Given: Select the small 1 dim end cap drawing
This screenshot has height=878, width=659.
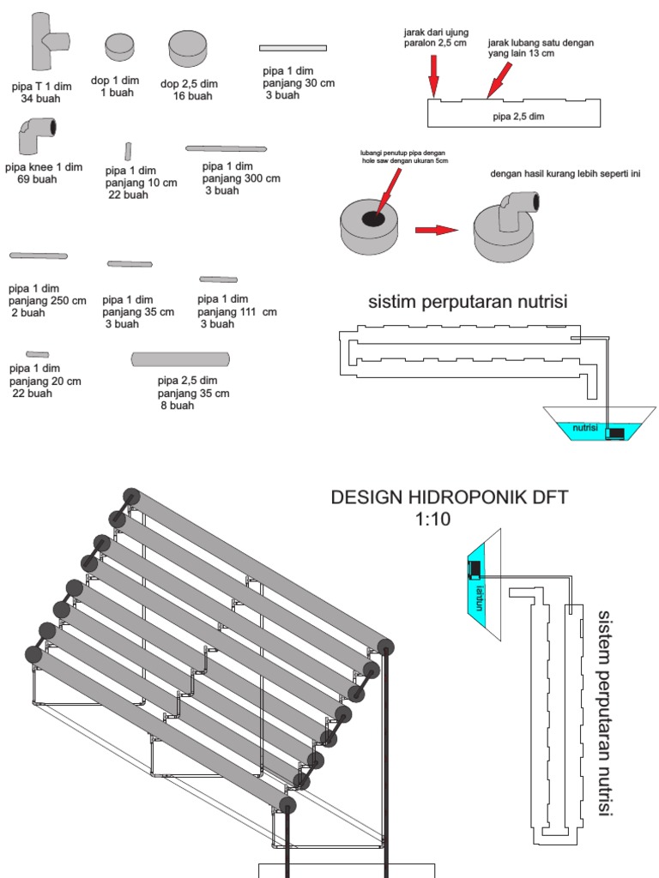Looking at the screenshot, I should [119, 51].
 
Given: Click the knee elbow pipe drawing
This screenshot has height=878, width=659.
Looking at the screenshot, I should [35, 135].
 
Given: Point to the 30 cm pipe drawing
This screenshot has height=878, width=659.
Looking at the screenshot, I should [293, 48].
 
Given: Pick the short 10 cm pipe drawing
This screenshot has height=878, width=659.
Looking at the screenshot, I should [128, 151].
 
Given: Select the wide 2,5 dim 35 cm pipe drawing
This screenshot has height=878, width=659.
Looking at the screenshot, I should [180, 358].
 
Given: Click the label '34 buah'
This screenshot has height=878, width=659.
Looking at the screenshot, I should [39, 99].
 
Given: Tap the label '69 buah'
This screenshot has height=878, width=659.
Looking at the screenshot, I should [36, 179].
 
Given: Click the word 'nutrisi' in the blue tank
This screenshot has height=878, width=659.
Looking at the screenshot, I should [584, 426].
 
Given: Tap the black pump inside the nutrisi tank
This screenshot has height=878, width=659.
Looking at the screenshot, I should [615, 434].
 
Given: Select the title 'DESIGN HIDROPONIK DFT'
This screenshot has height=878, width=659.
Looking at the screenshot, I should [449, 498].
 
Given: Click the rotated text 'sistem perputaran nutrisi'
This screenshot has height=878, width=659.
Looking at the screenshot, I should [606, 713].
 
